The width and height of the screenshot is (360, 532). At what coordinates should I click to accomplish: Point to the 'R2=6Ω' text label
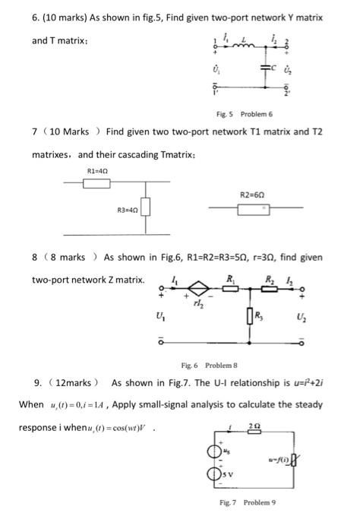click(253, 194)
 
